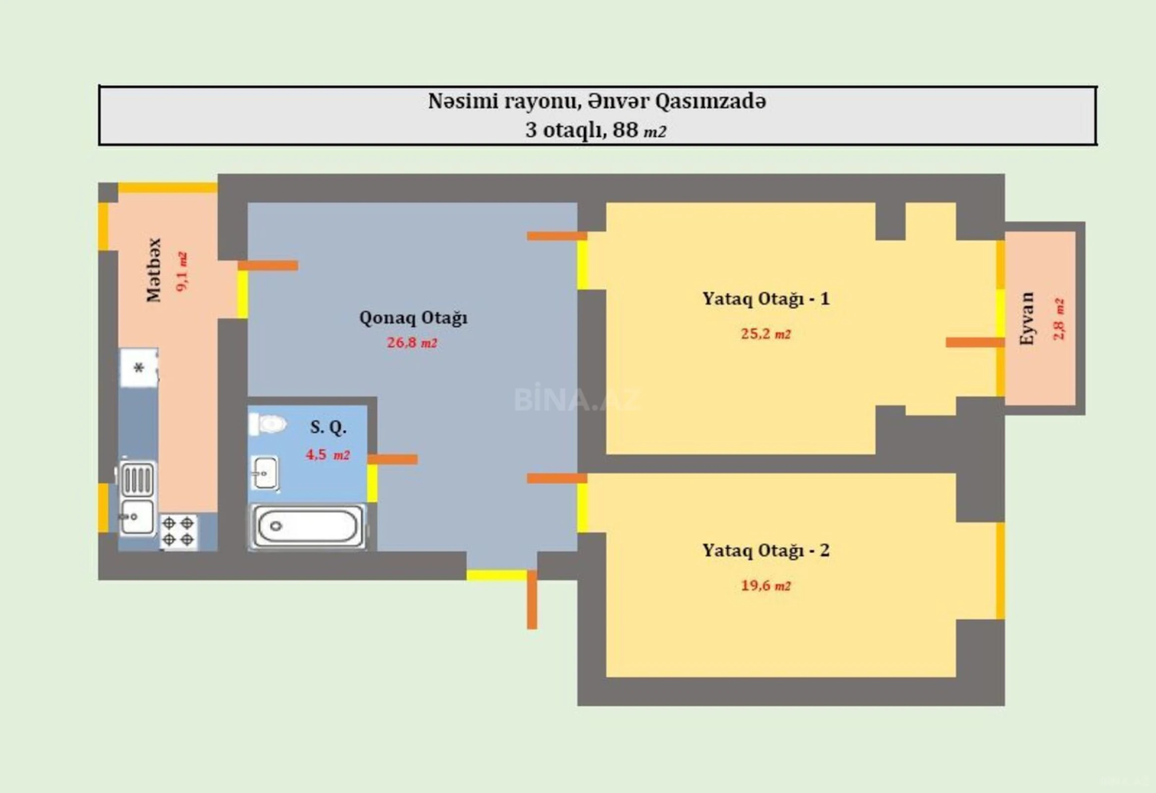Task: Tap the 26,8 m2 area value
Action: point(412,343)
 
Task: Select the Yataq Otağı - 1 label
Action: point(766,299)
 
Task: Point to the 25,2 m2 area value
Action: point(766,334)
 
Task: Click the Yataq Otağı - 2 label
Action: point(766,551)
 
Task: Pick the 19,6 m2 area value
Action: point(766,585)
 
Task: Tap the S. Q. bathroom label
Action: point(329,427)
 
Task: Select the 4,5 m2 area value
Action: point(328,454)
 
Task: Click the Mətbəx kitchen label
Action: point(154,270)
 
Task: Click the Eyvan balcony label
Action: point(1027,318)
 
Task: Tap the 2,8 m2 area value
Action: point(1058,319)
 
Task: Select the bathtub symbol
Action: point(308,526)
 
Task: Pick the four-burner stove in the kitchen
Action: point(178,531)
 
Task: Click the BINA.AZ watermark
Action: point(577,399)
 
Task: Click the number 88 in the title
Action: point(625,130)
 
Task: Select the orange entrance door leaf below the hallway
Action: point(532,600)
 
